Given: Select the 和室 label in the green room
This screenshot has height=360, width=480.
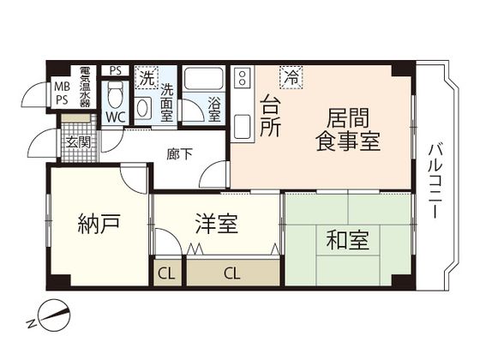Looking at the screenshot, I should click(347, 241).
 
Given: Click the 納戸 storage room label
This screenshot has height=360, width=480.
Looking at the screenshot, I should click(97, 225).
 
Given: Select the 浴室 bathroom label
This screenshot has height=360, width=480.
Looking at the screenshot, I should click(214, 110).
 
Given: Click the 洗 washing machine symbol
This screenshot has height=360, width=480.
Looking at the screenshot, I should click(146, 75).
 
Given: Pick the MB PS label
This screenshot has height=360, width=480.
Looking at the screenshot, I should click(62, 93).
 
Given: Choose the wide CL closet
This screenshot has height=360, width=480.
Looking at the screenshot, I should click(232, 273).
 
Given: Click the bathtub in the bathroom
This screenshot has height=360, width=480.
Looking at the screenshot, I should click(205, 83).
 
